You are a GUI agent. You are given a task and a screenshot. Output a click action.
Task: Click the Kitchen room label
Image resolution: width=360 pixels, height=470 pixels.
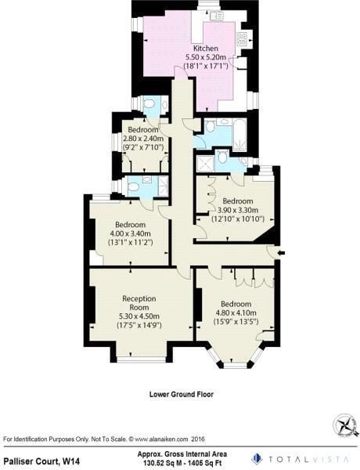click(206, 48)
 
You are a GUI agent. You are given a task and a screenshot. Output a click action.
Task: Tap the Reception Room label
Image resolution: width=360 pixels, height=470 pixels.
click(139, 302)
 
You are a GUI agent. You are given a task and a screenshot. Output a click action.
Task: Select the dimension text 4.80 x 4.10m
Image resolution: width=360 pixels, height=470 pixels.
click(236, 313)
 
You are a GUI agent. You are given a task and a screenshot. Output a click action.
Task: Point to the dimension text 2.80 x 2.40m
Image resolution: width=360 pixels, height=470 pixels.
click(143, 138)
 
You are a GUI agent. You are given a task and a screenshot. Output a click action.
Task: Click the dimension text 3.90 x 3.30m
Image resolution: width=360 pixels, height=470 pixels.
click(238, 210)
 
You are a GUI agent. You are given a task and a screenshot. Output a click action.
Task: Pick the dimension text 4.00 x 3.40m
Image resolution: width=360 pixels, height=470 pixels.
click(130, 233)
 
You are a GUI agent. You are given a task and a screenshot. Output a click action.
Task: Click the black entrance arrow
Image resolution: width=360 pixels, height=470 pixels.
click(281, 253)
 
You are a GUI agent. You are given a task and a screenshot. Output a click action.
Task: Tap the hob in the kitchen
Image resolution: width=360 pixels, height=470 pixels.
click(242, 39)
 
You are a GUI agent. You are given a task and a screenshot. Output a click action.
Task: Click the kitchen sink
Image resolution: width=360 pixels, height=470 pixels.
click(216, 16)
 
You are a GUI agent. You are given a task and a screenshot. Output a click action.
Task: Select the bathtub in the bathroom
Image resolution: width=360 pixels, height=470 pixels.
click(239, 135)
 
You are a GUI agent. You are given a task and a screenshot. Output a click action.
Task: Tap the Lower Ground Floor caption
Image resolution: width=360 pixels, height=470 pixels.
click(182, 394)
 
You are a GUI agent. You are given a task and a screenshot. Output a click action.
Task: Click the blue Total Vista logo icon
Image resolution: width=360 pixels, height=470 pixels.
click(257, 459)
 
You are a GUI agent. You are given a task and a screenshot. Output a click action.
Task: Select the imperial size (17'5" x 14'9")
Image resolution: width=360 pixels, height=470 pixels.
click(139, 325)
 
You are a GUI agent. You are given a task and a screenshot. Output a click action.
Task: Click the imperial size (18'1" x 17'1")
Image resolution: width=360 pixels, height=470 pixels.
click(206, 66)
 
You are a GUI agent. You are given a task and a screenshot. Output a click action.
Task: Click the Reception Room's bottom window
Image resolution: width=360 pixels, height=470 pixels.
click(141, 359)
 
